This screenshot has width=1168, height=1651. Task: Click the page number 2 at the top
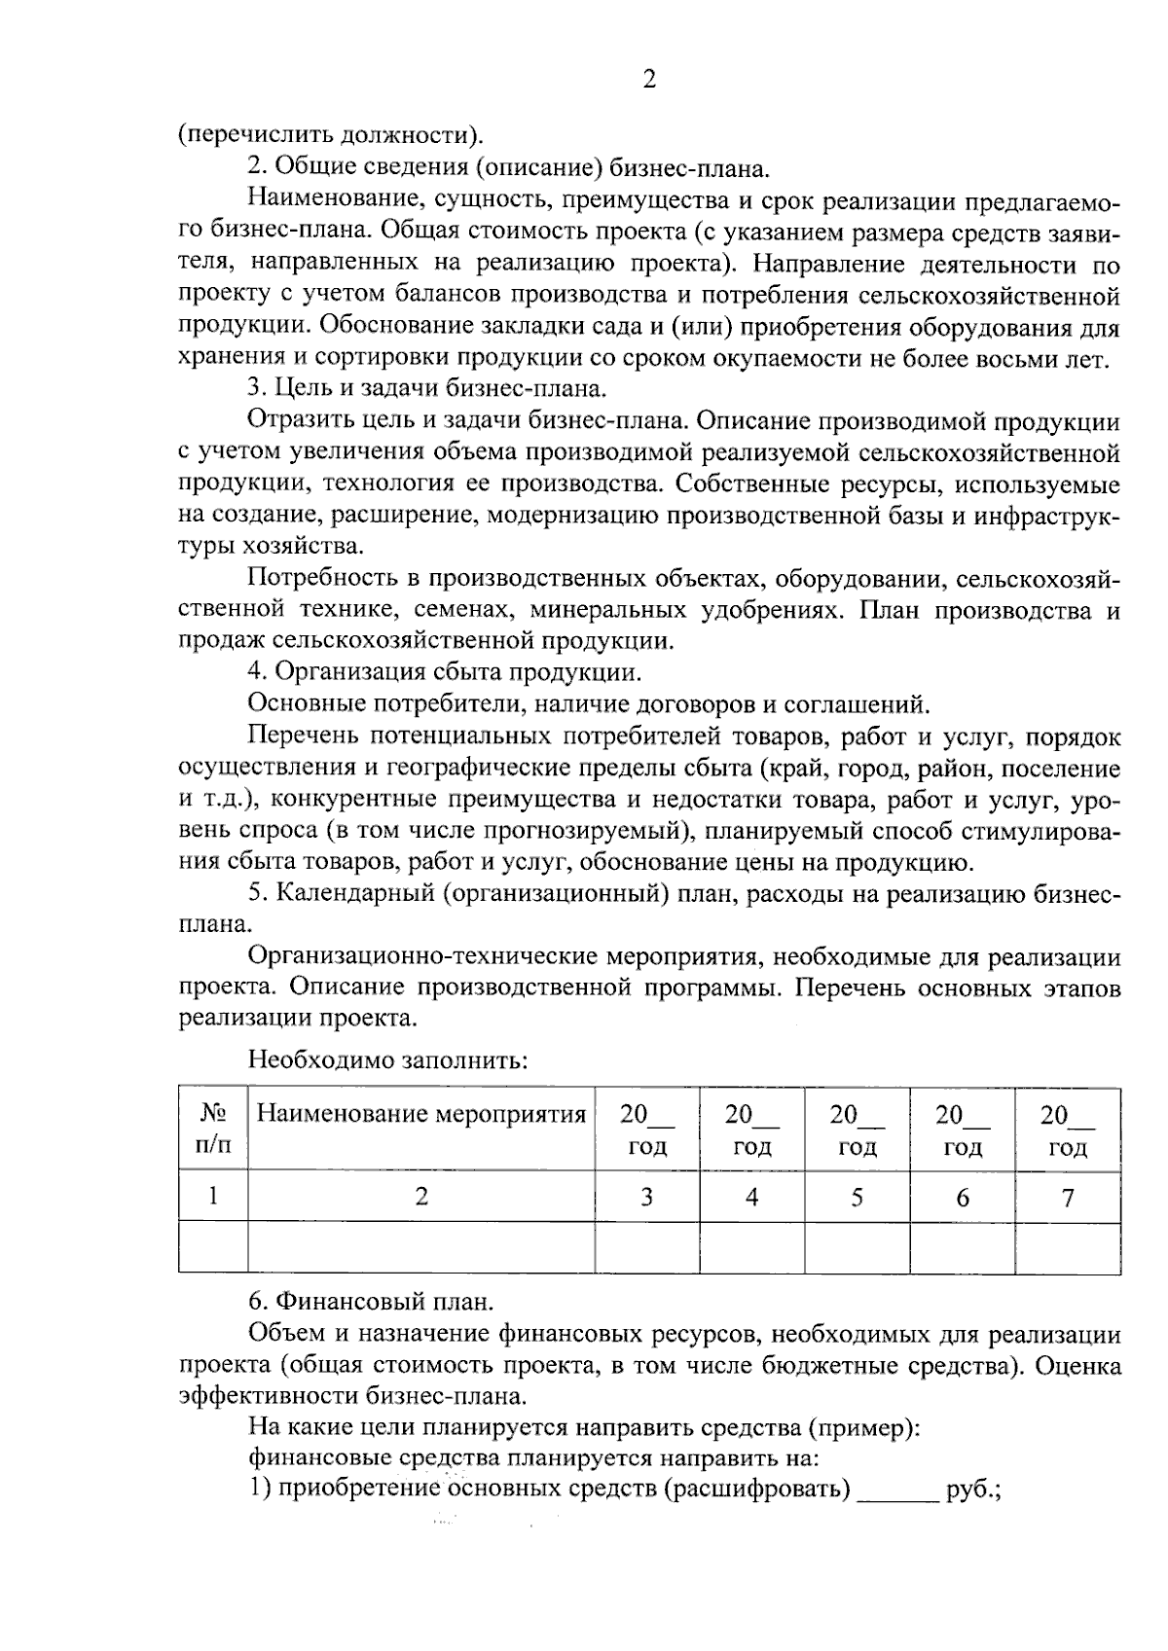click(649, 80)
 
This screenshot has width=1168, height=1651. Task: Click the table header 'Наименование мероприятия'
click(420, 1115)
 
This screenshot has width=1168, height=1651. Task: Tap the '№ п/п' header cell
click(213, 1129)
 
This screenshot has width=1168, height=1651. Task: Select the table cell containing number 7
click(1068, 1198)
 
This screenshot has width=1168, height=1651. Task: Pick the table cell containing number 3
click(646, 1198)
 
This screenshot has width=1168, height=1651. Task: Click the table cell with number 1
click(213, 1198)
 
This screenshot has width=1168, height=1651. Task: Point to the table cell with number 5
click(857, 1198)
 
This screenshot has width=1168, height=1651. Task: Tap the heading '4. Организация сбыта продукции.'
click(444, 672)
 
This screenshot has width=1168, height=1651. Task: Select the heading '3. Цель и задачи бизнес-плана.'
click(427, 389)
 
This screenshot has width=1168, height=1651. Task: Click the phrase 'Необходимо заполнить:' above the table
click(387, 1059)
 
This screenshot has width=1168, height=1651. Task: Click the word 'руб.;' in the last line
click(973, 1489)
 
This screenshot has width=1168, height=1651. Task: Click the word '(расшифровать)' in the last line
click(757, 1489)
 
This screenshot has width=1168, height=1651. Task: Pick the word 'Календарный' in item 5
click(353, 894)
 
